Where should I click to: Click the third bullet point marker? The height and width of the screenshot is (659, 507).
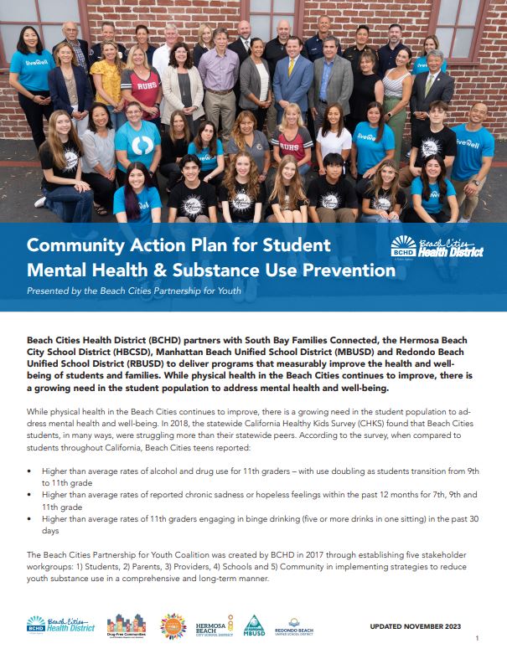click(x=30, y=519)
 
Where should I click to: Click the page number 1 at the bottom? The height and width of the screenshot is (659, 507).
click(x=477, y=640)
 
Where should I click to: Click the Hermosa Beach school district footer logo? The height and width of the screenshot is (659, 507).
click(x=215, y=626)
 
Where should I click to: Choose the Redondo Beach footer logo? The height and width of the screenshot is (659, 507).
click(x=294, y=626)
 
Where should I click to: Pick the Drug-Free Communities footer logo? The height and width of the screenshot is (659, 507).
click(x=127, y=626)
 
